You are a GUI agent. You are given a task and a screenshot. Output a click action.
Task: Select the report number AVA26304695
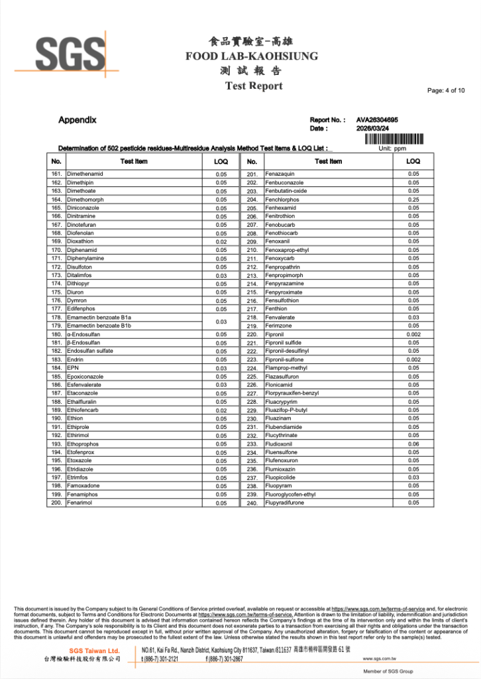tap(377, 120)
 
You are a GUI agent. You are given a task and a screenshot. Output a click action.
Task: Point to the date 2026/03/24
tap(372, 129)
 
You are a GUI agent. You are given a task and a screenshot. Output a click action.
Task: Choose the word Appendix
tap(78, 120)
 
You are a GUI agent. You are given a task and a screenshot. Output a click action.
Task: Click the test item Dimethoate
tap(81, 191)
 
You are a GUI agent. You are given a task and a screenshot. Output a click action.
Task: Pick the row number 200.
tap(56, 503)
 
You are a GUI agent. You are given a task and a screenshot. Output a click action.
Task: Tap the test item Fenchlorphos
tap(282, 200)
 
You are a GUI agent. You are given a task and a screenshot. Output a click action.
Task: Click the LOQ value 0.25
tap(413, 200)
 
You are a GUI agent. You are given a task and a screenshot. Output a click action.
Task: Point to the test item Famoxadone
tap(83, 486)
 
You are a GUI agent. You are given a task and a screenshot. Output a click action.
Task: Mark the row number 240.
tap(252, 503)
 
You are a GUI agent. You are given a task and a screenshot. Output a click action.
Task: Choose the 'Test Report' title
tap(253, 86)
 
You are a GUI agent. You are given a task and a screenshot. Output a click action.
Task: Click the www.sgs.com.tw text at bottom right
tap(380, 659)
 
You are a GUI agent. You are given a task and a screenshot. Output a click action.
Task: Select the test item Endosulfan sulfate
tap(90, 351)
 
